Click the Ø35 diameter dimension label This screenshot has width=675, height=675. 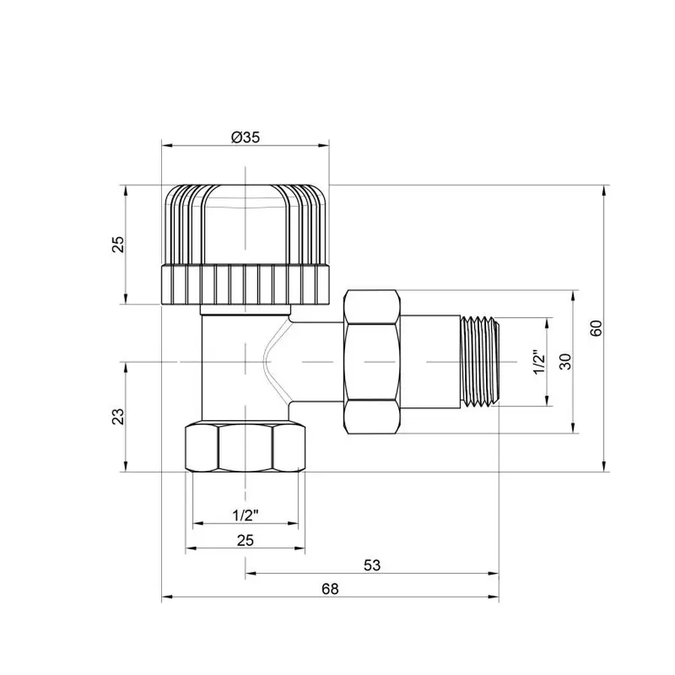(245, 137)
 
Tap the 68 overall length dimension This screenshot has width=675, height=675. (331, 589)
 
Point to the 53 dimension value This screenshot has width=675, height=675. (371, 565)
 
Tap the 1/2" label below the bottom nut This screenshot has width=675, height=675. (246, 515)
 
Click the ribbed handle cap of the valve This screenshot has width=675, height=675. (245, 225)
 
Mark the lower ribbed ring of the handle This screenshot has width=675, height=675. (245, 284)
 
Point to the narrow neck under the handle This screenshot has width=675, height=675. (245, 310)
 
